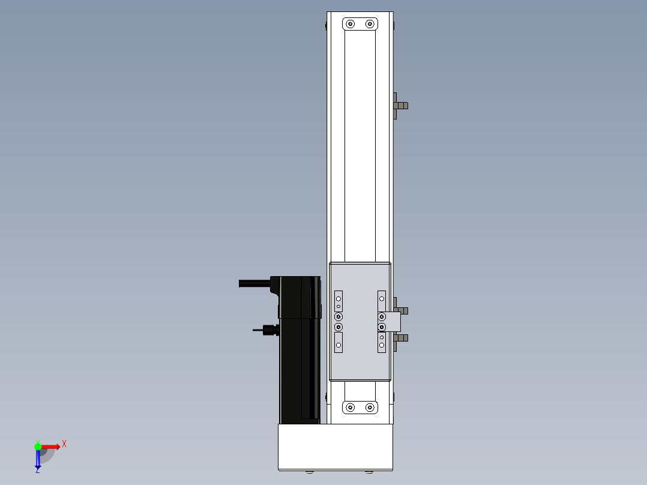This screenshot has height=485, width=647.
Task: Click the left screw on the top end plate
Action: point(350,24)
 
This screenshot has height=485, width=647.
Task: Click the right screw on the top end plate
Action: point(370,24)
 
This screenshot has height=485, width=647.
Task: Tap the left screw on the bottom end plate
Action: point(350,408)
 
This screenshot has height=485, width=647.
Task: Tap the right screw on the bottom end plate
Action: point(370,408)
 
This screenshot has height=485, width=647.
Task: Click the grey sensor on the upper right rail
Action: point(400,106)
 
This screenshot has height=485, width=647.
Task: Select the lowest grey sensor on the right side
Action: point(400,338)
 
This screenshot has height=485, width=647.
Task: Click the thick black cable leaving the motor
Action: point(254,283)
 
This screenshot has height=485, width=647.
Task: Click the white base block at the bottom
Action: point(336,447)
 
